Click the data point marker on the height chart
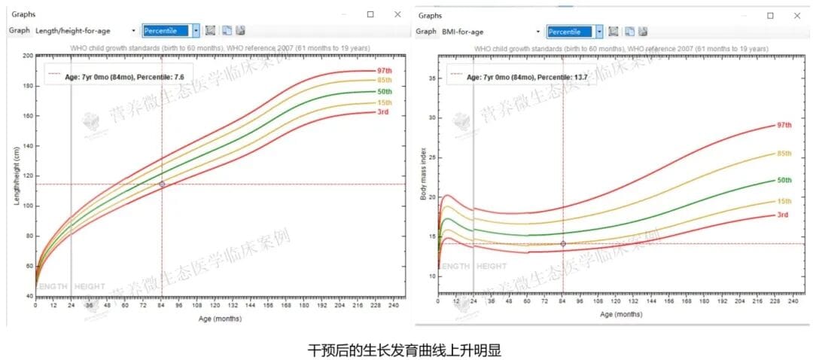162,184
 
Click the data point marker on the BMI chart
563,243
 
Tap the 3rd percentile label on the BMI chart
783,215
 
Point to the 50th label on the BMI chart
784,180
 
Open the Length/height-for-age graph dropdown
133,31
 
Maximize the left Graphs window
370,14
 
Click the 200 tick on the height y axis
28,56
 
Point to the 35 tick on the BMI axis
431,78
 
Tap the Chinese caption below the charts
405,350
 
